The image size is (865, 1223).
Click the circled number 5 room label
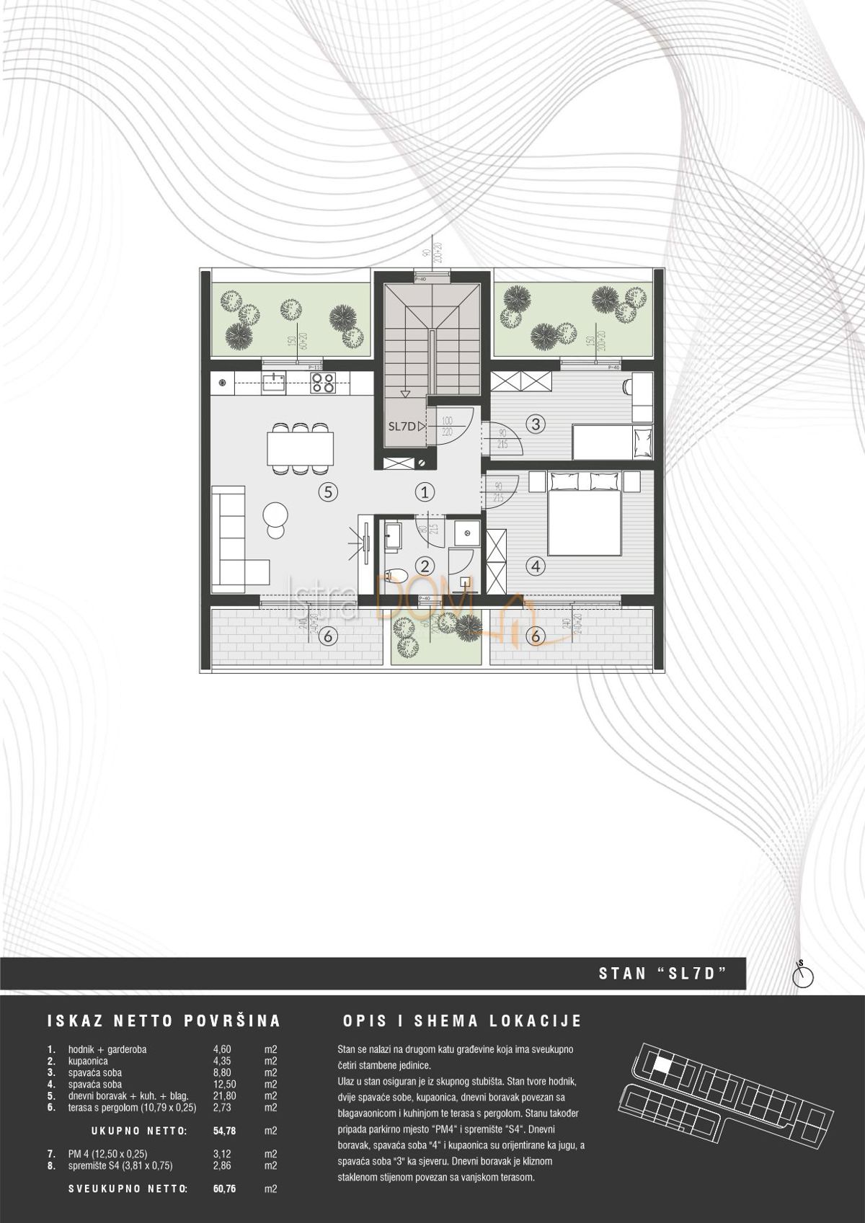[327, 492]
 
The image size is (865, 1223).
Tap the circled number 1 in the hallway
[425, 492]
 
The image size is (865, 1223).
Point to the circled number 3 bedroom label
[534, 424]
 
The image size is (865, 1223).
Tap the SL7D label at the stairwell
[402, 427]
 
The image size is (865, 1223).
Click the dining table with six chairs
[301, 448]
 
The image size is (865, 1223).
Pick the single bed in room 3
[613, 441]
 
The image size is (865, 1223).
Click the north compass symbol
[802, 977]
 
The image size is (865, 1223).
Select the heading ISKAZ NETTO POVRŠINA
[164, 1021]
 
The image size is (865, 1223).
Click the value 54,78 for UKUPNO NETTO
[225, 1131]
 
